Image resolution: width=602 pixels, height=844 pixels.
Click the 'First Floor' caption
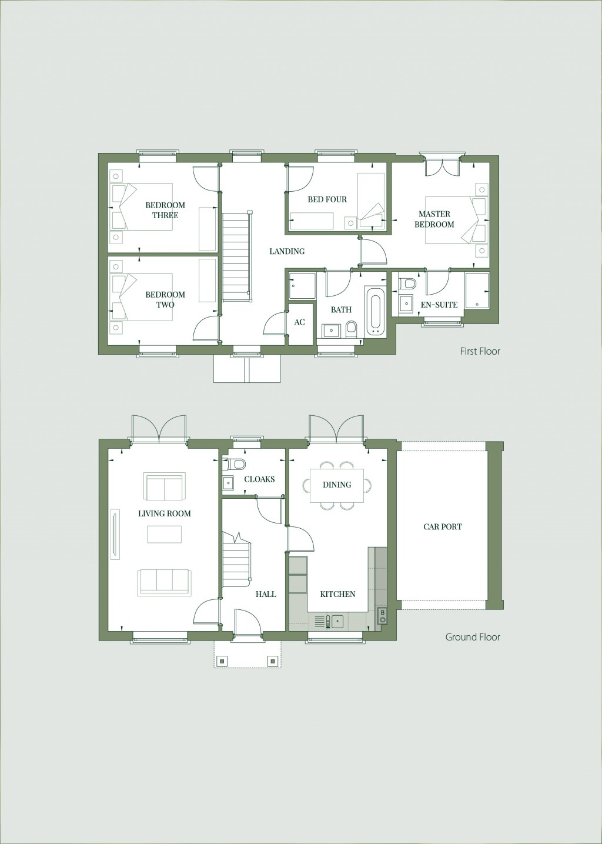[480, 351]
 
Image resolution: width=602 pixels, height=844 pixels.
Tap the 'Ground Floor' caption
[472, 636]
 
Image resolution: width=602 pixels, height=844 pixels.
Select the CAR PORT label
[443, 526]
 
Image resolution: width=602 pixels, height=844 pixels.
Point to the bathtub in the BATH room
[374, 312]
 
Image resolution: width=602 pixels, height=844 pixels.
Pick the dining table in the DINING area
[336, 485]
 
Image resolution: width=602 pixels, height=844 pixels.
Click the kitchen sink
[337, 621]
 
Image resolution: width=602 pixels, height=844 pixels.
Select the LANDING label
[287, 251]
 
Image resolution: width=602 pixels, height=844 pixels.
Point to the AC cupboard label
[299, 322]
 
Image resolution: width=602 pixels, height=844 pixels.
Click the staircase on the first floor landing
[236, 256]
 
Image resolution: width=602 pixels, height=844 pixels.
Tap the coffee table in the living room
[164, 534]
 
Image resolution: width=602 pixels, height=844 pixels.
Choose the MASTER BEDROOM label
[434, 219]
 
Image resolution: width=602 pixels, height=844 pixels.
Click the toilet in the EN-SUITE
[408, 285]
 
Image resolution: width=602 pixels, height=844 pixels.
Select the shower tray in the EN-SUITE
[476, 290]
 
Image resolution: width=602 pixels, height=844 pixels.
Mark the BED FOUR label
[327, 199]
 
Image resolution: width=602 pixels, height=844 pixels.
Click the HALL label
[266, 594]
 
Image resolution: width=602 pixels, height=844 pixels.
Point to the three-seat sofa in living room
[164, 582]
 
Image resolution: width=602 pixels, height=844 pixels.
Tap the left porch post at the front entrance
[222, 660]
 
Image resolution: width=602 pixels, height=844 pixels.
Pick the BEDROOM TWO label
[165, 299]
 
